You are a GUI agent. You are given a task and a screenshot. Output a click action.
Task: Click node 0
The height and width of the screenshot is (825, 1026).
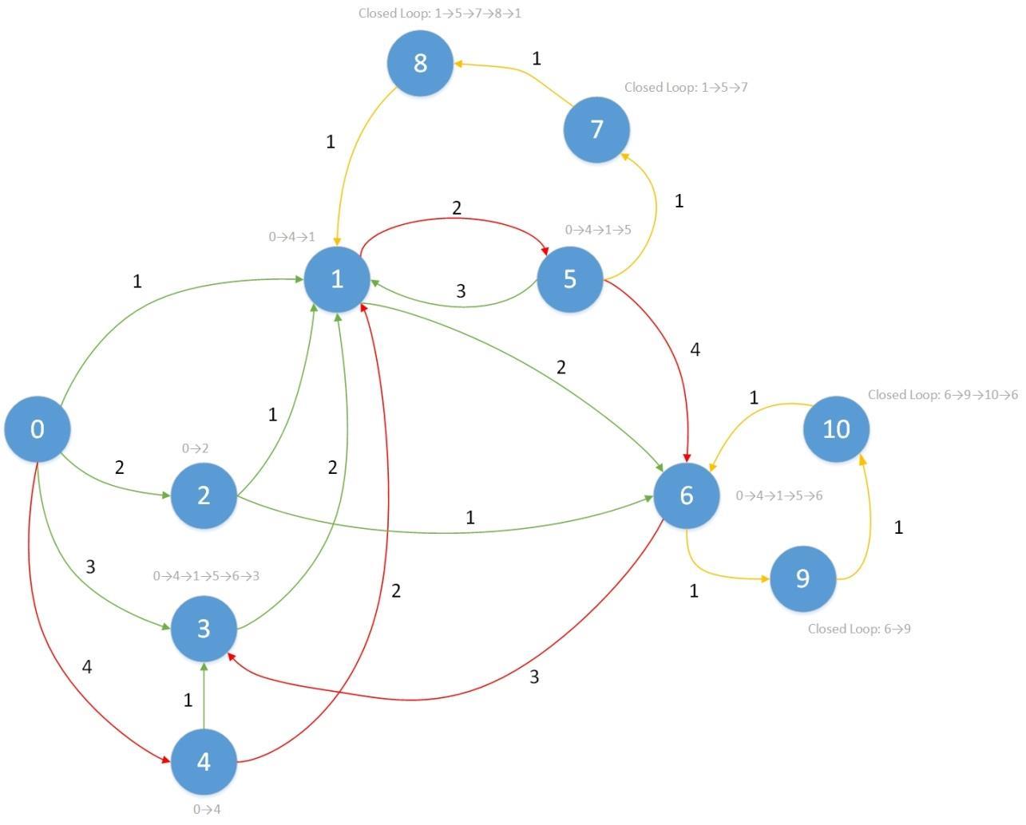[x=37, y=429]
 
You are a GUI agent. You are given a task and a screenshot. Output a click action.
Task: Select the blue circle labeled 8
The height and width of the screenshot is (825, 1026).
[x=420, y=63]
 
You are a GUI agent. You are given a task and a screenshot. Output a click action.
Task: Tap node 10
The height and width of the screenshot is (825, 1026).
[x=836, y=429]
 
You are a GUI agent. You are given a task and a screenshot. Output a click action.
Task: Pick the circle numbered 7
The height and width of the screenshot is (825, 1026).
[x=596, y=129]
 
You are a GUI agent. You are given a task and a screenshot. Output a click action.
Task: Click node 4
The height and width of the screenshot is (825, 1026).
[x=204, y=762]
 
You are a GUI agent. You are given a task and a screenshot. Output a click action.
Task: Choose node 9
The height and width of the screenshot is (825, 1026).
[x=802, y=578]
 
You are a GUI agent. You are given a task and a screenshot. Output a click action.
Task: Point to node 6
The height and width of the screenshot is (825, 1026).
[x=687, y=495]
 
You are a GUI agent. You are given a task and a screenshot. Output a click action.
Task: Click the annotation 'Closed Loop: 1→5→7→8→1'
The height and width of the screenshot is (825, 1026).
[x=439, y=14]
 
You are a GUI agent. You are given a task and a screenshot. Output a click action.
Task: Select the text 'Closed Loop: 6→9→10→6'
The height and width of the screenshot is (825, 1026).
[x=942, y=395]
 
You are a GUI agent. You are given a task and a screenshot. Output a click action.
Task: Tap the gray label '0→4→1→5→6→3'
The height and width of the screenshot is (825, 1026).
[x=206, y=576]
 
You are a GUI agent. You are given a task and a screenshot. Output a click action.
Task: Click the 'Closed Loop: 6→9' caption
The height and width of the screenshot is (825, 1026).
[x=859, y=629]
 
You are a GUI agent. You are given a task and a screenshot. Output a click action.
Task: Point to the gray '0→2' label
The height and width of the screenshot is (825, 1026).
[x=195, y=448]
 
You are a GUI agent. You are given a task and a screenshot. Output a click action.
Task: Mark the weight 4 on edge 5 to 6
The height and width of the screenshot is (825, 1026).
[x=695, y=349]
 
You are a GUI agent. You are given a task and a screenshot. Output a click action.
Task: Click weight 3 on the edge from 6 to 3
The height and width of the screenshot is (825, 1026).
[x=534, y=677]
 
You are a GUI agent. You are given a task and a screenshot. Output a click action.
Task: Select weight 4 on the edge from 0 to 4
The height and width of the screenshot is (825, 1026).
[x=87, y=667]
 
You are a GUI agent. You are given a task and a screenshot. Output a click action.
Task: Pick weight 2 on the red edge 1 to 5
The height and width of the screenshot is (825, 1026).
[x=457, y=208]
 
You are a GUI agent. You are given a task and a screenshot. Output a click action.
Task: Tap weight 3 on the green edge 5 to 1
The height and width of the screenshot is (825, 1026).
[x=461, y=291]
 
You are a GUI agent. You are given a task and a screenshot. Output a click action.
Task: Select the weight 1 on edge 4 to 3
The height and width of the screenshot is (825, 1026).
[x=188, y=701]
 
